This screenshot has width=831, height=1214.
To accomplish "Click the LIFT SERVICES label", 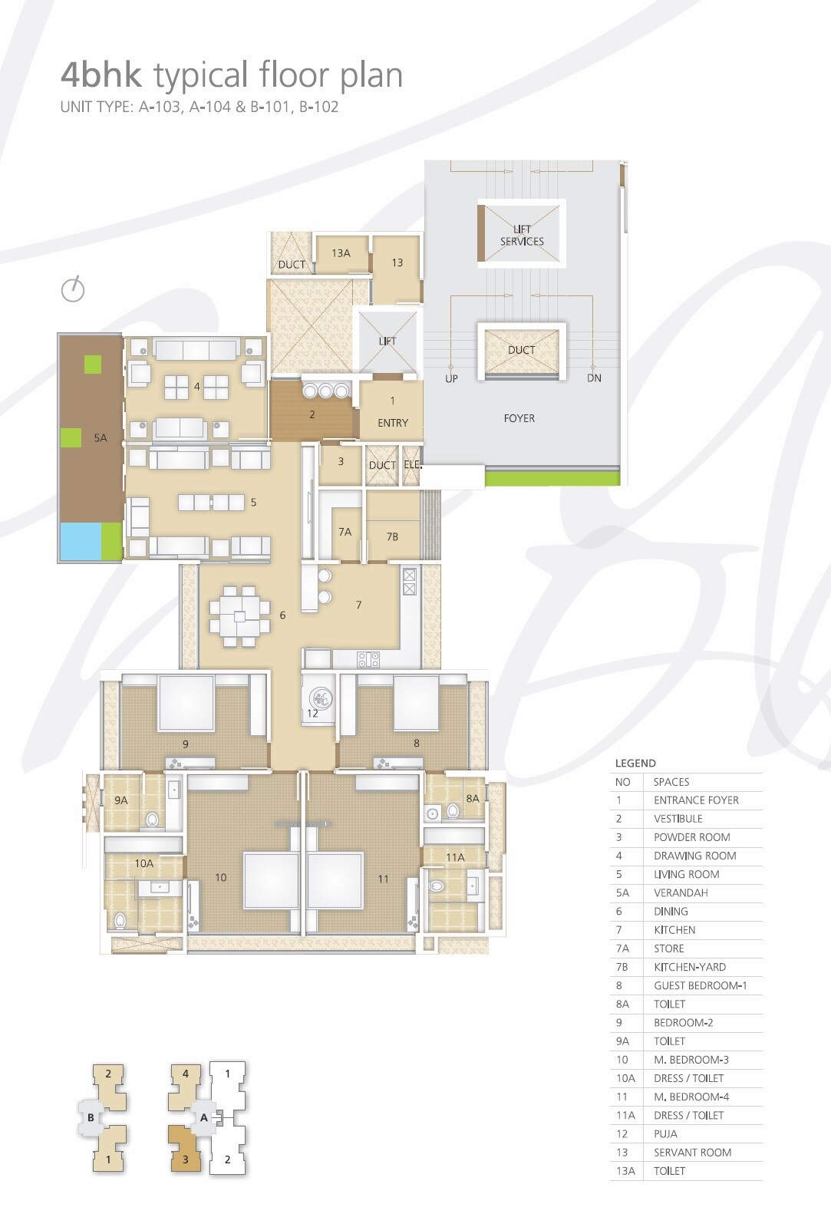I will [522, 235].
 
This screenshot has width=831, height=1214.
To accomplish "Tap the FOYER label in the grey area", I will [519, 418].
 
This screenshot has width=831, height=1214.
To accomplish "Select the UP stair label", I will [451, 378].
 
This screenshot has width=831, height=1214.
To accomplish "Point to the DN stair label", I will [594, 378].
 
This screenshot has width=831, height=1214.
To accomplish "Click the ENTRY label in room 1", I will [393, 423].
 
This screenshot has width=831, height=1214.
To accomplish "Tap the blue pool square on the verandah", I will [80, 541].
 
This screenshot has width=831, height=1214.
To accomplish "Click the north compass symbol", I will [73, 289].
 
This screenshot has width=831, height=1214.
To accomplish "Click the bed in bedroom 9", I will [186, 703].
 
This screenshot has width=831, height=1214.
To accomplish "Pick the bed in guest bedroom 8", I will [415, 702].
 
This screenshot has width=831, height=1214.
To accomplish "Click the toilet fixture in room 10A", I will [120, 919].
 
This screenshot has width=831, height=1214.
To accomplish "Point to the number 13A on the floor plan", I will [341, 253].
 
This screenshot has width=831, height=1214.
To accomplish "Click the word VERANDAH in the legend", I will [681, 892].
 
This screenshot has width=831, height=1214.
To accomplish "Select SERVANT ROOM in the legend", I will [692, 1152].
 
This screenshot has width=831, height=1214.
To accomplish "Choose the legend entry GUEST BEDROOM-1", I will [700, 985].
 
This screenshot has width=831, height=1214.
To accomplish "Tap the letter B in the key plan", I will [91, 1117].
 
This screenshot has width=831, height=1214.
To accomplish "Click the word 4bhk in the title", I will [101, 75].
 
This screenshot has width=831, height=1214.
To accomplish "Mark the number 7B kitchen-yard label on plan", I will [392, 537].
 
